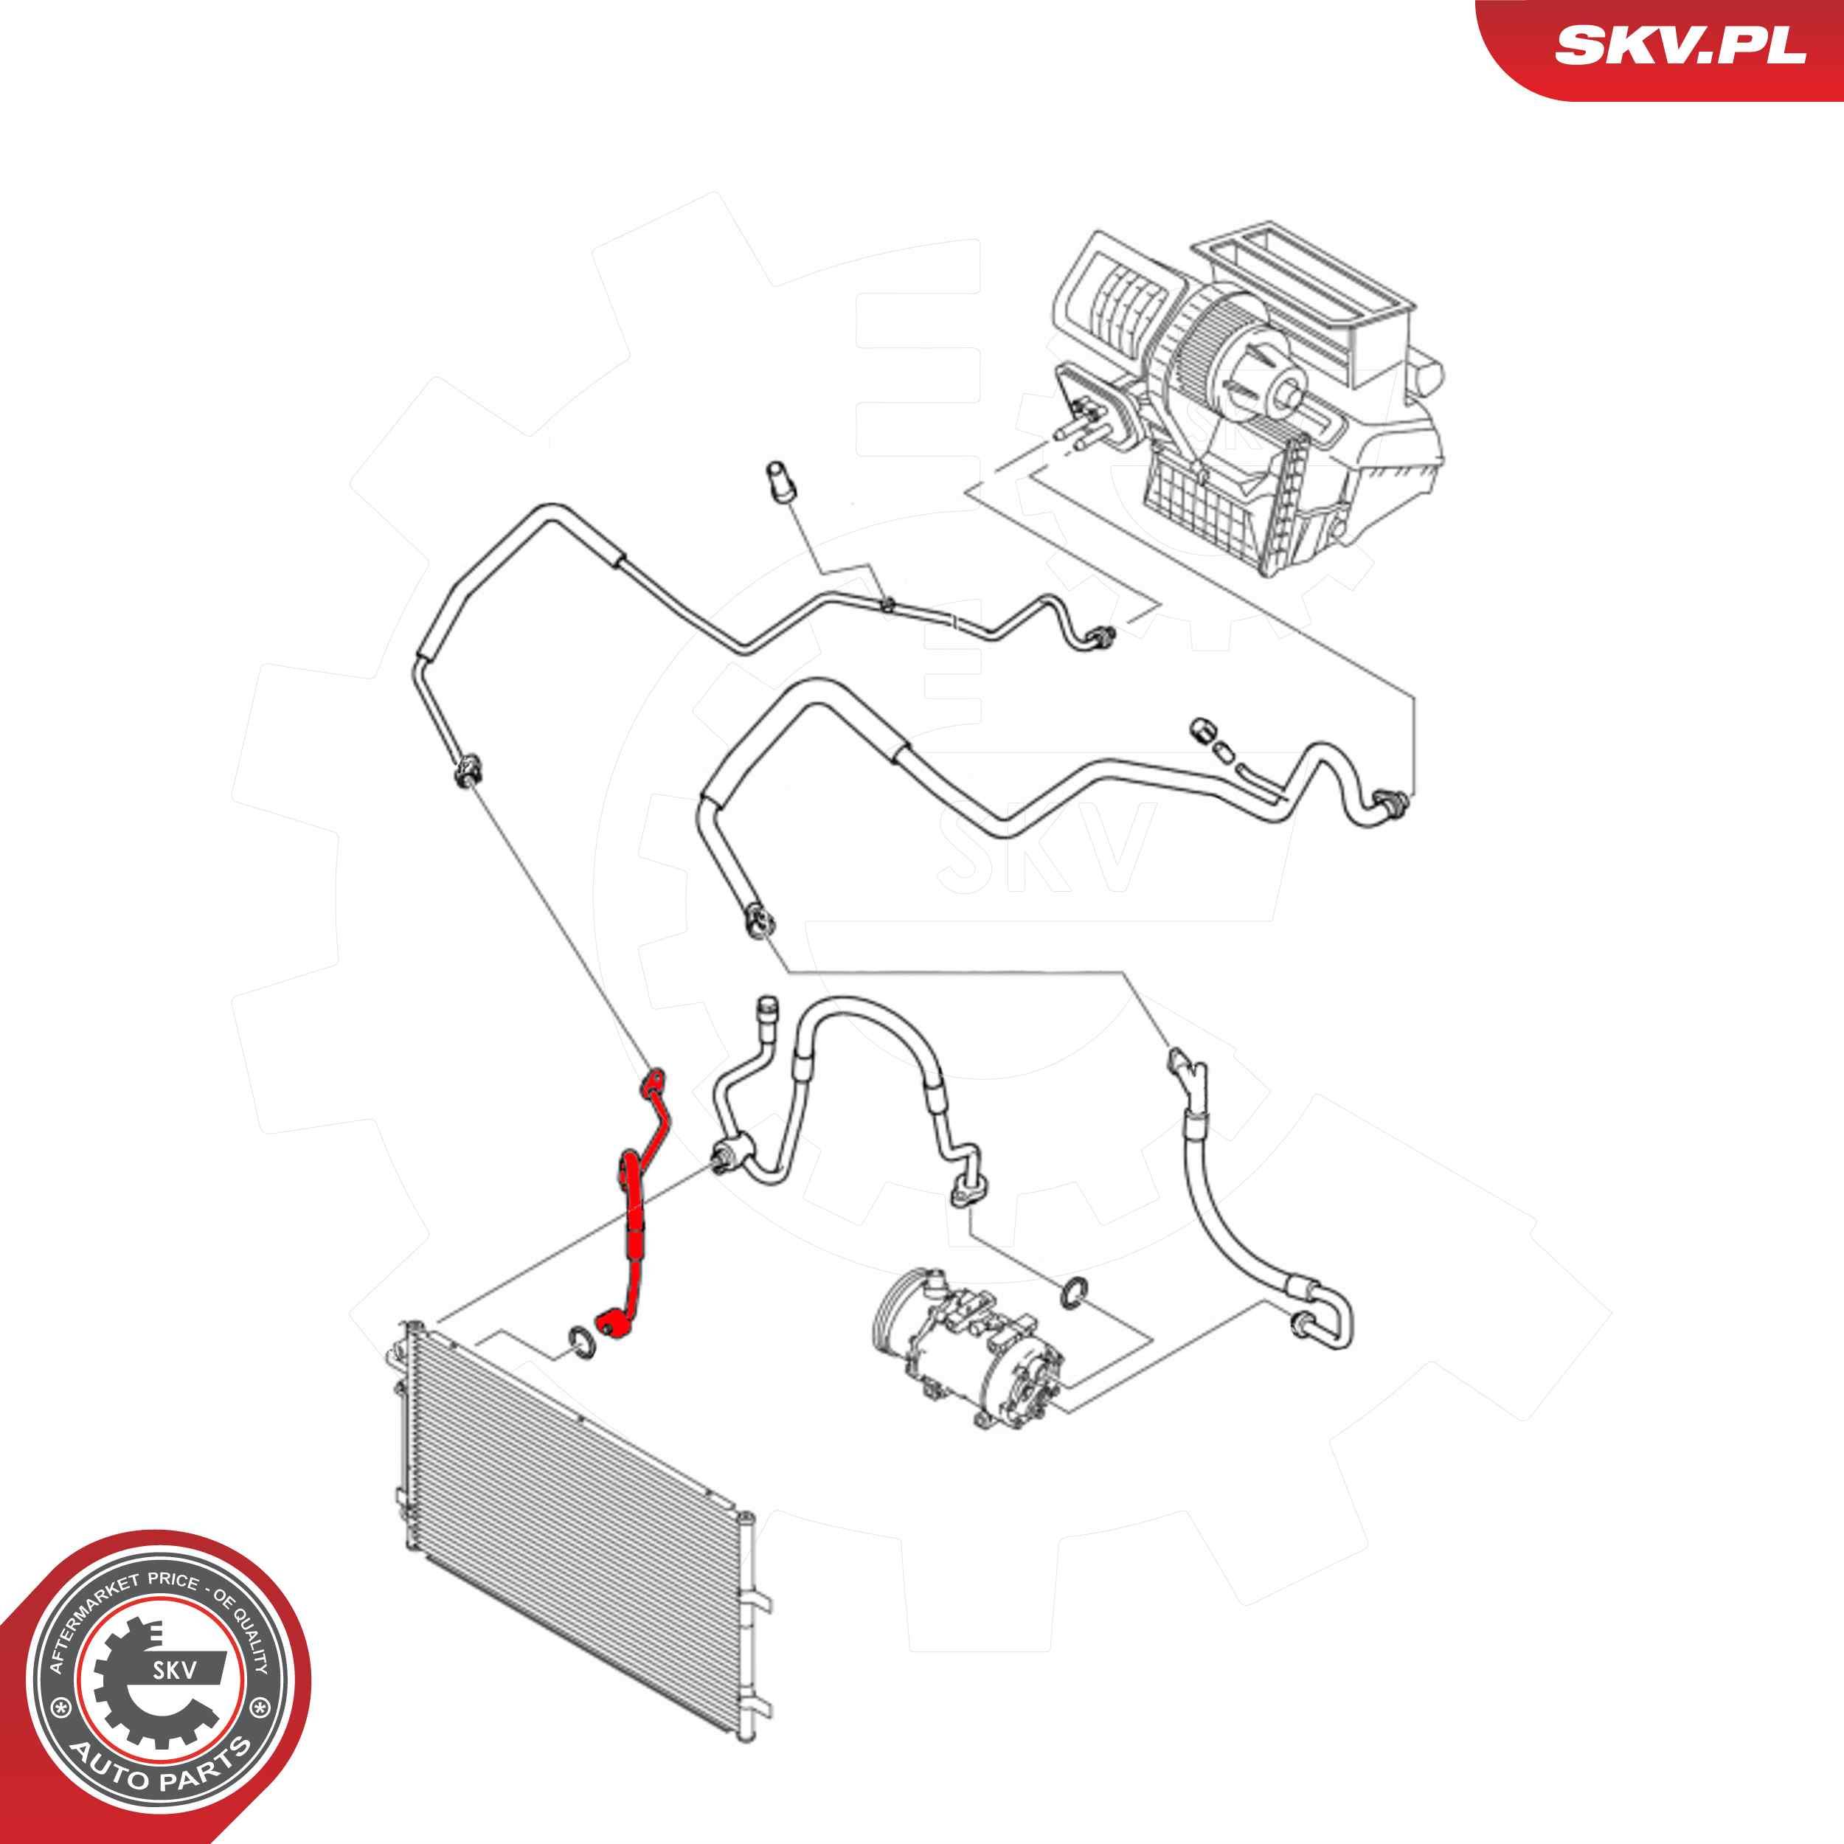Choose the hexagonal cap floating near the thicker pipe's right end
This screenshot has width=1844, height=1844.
pos(1202,730)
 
